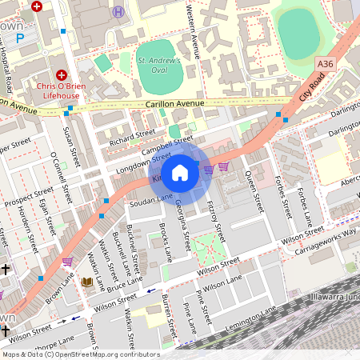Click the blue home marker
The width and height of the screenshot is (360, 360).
point(180,172)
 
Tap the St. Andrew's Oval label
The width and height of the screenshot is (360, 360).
point(159,64)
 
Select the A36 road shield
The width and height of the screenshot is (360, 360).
point(324,63)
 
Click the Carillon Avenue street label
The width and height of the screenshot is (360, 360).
point(175,103)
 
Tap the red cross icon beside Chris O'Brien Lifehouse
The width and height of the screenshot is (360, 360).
point(61,74)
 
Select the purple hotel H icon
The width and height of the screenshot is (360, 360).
point(119,11)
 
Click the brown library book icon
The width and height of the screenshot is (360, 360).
point(87,282)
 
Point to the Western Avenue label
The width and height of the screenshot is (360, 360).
point(192,26)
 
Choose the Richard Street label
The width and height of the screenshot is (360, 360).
point(132,134)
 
